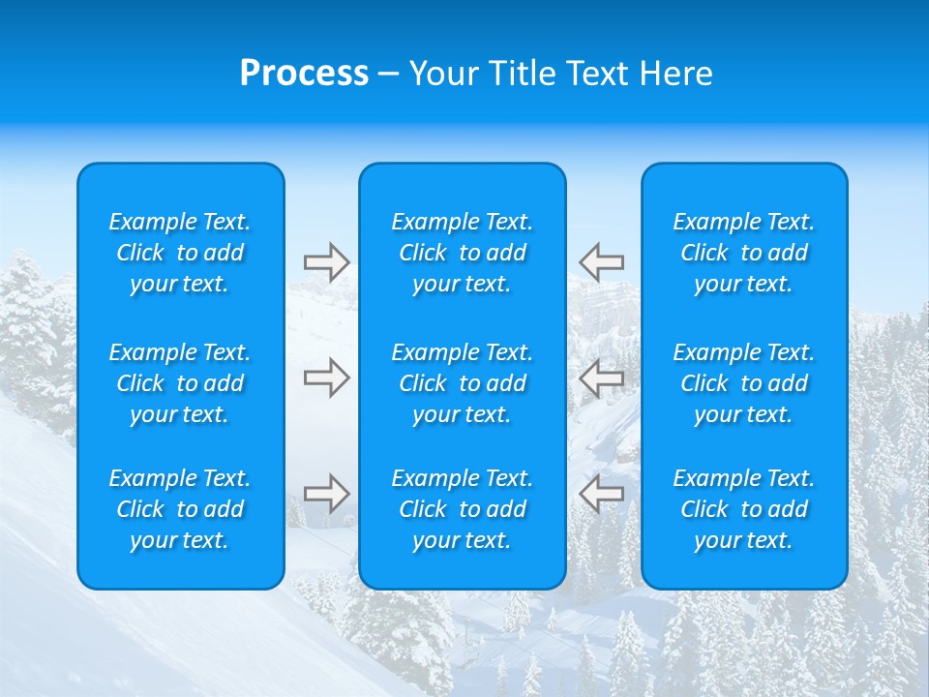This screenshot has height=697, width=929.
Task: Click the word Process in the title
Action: click(x=304, y=74)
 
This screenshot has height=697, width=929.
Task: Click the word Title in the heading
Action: click(x=521, y=74)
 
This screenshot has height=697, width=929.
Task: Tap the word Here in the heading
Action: click(x=676, y=74)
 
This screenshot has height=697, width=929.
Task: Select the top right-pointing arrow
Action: click(x=327, y=262)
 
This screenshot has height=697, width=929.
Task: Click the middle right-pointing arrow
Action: click(x=327, y=378)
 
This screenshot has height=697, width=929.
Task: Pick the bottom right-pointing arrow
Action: click(x=327, y=494)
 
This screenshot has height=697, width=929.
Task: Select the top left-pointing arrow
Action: click(x=601, y=261)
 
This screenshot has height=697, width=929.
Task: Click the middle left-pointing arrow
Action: click(x=601, y=378)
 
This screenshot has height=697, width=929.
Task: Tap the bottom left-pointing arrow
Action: click(x=601, y=494)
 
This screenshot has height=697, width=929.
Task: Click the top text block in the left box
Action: click(x=180, y=253)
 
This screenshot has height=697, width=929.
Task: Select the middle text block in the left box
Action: click(x=180, y=383)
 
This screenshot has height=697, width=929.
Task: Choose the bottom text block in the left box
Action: click(x=180, y=509)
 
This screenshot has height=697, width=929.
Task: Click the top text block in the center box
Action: click(x=463, y=253)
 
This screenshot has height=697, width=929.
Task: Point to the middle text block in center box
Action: click(x=463, y=383)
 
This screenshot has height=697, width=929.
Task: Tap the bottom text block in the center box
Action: click(x=463, y=509)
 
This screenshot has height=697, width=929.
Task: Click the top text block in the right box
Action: click(x=744, y=253)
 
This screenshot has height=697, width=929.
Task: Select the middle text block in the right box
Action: click(x=744, y=383)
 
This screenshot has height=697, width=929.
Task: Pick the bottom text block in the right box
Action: click(x=744, y=509)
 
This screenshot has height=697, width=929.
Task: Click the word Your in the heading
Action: click(x=442, y=74)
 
